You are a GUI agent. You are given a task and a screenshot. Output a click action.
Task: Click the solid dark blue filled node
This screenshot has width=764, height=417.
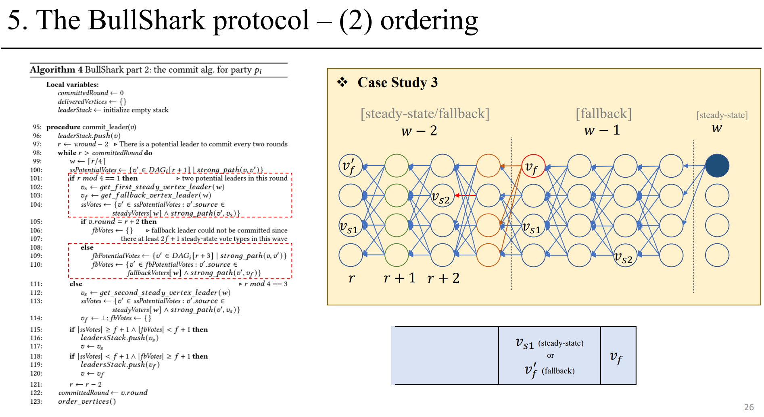coord(717,166)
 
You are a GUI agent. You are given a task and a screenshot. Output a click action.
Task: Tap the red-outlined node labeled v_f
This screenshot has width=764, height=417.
coord(533,166)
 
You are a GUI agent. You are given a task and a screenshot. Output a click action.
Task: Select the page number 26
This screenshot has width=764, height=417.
coord(749,407)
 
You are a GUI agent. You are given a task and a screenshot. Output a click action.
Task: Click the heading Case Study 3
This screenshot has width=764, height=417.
coord(397,83)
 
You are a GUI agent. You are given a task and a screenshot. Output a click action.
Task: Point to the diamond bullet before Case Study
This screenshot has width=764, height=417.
coord(342,82)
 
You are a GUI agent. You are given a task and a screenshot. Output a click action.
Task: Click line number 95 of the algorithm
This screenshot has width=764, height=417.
coord(37,127)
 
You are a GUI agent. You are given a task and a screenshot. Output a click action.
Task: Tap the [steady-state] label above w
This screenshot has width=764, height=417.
coord(722,115)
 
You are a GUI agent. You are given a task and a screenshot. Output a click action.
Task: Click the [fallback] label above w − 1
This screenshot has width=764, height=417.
coord(603,114)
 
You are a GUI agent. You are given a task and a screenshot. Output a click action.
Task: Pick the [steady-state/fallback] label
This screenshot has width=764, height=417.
coord(425,114)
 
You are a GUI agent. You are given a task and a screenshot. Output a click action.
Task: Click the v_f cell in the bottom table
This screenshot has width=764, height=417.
coord(616,357)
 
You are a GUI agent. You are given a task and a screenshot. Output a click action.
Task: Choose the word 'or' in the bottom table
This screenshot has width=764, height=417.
coord(550,355)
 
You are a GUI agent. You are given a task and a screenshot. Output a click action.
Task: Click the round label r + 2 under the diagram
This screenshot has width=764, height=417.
coord(443,278)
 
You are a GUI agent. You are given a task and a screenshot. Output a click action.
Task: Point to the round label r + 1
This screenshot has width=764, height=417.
coord(399,278)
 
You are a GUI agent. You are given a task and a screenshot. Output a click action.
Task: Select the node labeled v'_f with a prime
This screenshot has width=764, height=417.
coord(350,166)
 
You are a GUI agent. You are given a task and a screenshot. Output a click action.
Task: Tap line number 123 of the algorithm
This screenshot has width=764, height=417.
coord(36,401)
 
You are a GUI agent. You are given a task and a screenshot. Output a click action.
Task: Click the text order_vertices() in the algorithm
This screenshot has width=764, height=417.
coord(87,401)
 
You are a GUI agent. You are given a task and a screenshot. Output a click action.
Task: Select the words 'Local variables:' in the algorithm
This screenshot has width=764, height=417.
coord(72,85)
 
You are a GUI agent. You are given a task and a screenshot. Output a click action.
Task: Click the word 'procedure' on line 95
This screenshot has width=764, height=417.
coord(63,127)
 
